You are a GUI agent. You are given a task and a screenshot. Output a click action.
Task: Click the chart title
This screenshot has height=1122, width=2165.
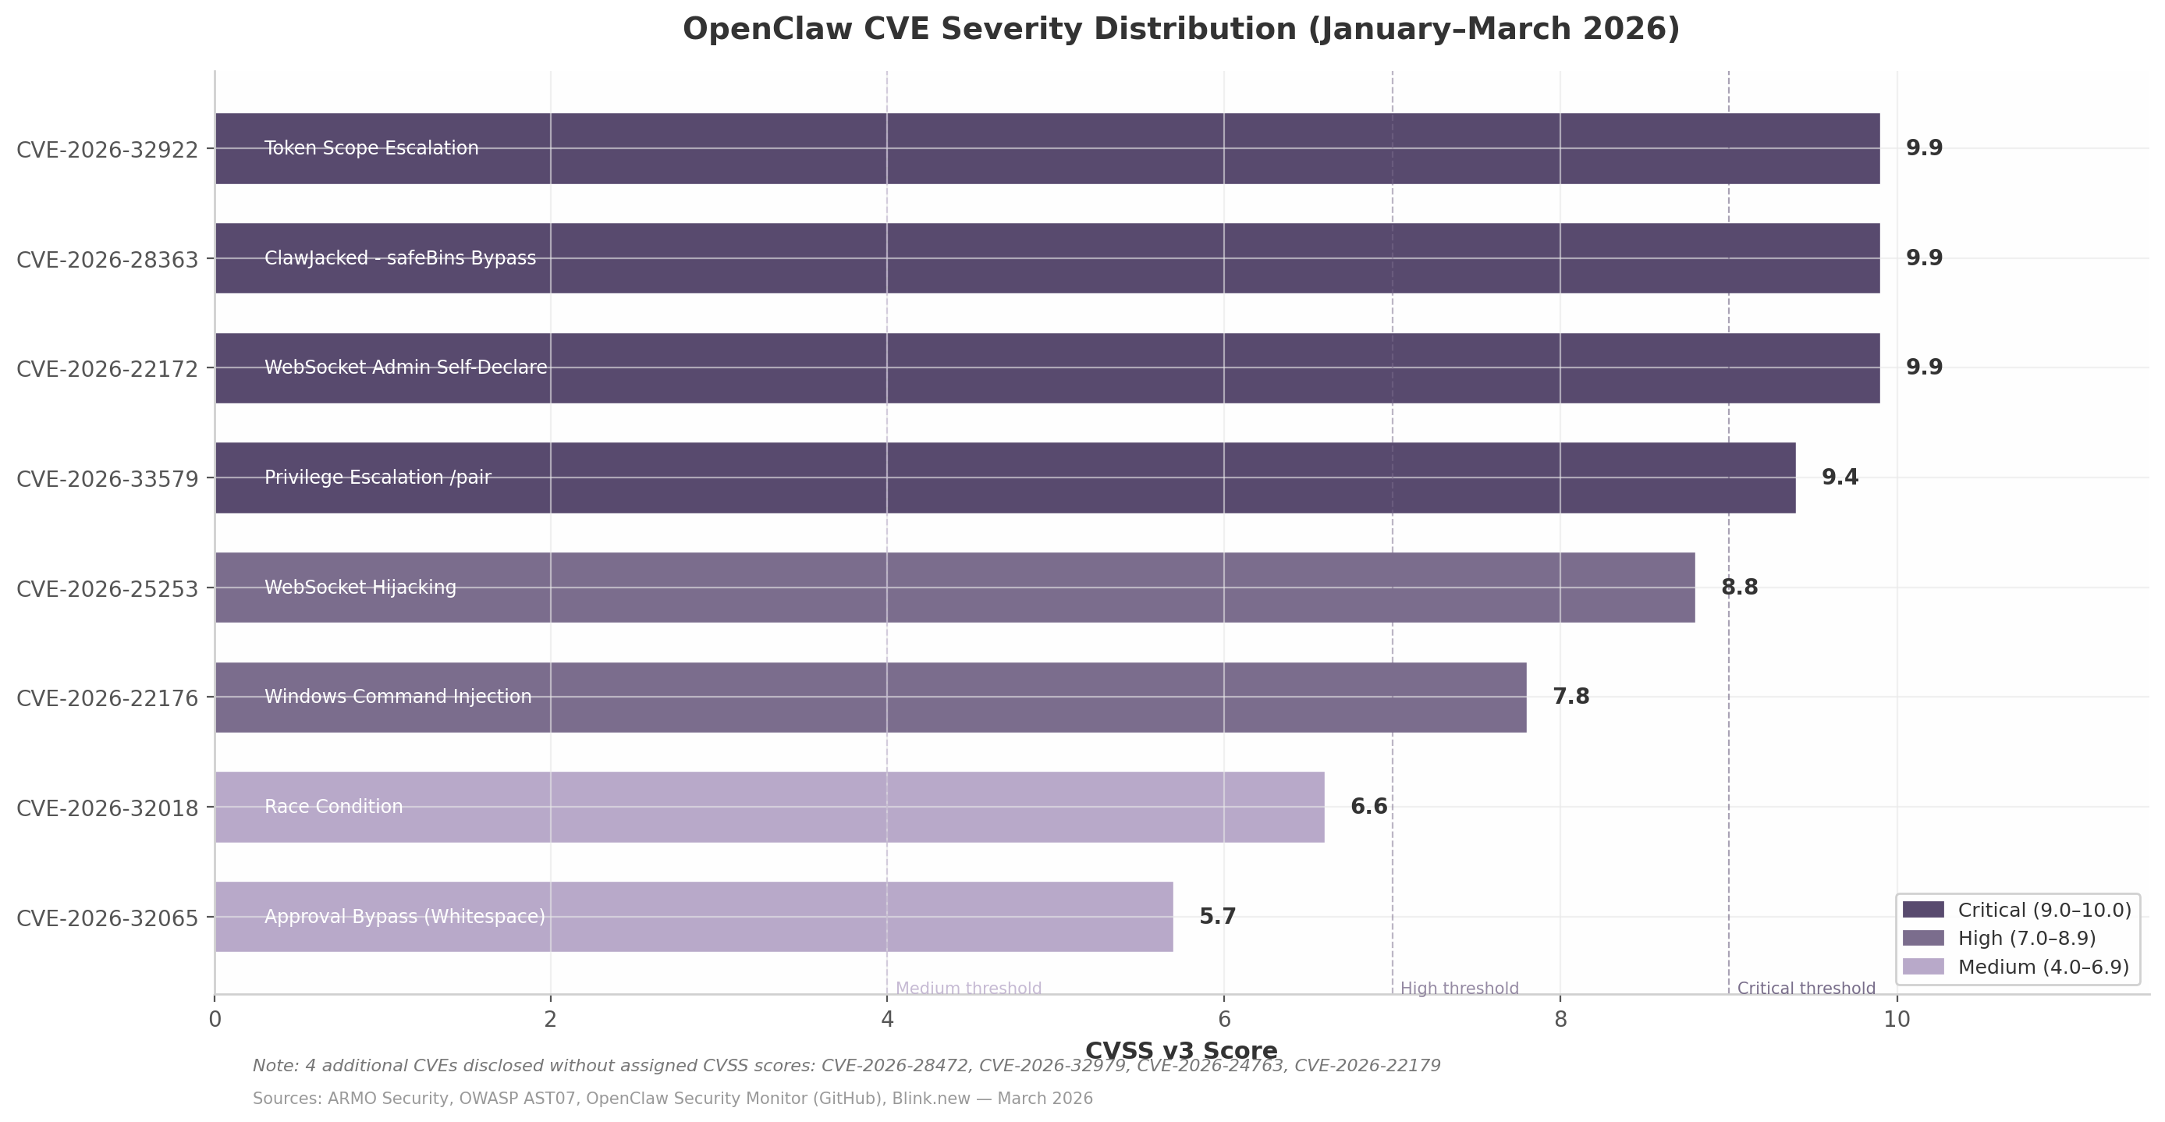tap(1181, 30)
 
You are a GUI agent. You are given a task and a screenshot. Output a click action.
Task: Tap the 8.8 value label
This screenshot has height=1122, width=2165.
tap(1739, 588)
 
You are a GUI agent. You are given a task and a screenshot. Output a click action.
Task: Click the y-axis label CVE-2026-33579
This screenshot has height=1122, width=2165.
tap(108, 479)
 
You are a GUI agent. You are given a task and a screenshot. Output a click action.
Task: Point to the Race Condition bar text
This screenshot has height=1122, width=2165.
tap(334, 807)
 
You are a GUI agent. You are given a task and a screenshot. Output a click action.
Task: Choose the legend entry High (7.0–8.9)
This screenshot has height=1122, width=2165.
tap(2026, 938)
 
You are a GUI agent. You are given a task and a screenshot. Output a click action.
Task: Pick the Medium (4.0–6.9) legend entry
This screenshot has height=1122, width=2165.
tap(2043, 967)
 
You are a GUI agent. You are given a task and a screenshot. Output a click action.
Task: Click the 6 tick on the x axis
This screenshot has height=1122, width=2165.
tap(1223, 1020)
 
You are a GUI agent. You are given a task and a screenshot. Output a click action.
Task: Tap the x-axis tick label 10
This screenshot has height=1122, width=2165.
tap(1897, 1020)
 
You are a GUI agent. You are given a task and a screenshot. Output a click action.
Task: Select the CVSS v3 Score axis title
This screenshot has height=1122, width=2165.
tap(1181, 1050)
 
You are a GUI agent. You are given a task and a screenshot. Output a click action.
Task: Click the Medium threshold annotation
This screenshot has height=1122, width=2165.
tap(968, 989)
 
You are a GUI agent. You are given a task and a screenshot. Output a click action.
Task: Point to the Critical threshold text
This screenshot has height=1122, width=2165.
tap(1806, 989)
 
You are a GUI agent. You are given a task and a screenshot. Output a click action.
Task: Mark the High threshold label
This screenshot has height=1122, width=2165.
tap(1459, 989)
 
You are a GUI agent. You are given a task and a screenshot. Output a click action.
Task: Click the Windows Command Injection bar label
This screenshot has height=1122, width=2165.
tap(399, 697)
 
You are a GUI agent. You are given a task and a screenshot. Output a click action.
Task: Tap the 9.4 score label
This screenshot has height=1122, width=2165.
tap(1840, 478)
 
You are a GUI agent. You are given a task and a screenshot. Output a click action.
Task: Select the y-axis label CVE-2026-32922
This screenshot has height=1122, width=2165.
tap(108, 150)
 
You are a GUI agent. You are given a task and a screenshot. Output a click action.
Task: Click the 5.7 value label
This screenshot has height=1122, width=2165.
tap(1217, 916)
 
